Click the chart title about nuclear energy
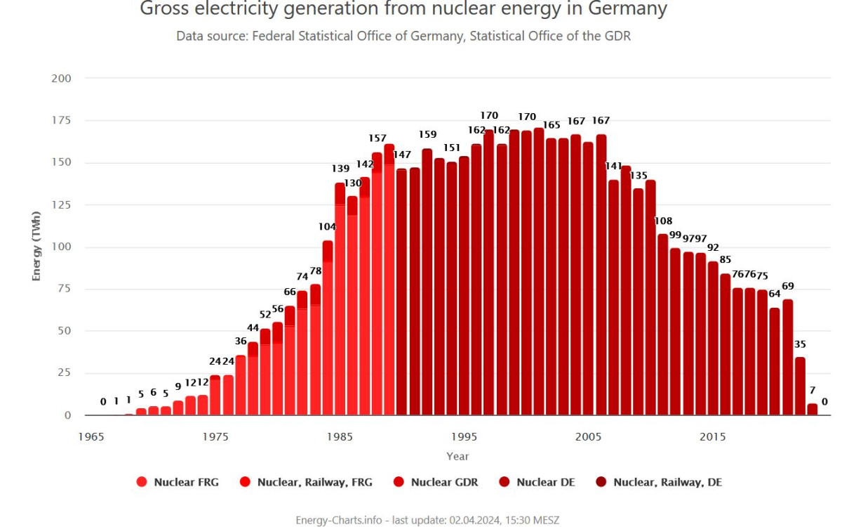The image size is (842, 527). coord(403,10)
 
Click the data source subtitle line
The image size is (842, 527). coord(403,36)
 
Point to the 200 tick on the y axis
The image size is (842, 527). coord(62,78)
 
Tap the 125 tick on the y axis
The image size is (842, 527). coord(62,204)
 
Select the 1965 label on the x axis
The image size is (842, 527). coord(91,436)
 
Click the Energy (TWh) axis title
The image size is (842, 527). coord(36,246)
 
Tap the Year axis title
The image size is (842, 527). coord(457,456)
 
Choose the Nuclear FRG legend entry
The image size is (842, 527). coord(178,482)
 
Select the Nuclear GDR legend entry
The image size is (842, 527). coord(438,482)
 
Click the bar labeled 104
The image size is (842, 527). coord(328,330)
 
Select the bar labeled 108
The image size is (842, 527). coord(663,327)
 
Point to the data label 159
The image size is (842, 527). coord(427,134)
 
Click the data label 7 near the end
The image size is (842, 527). coord(812,390)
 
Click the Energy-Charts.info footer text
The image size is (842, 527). coord(427,520)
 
